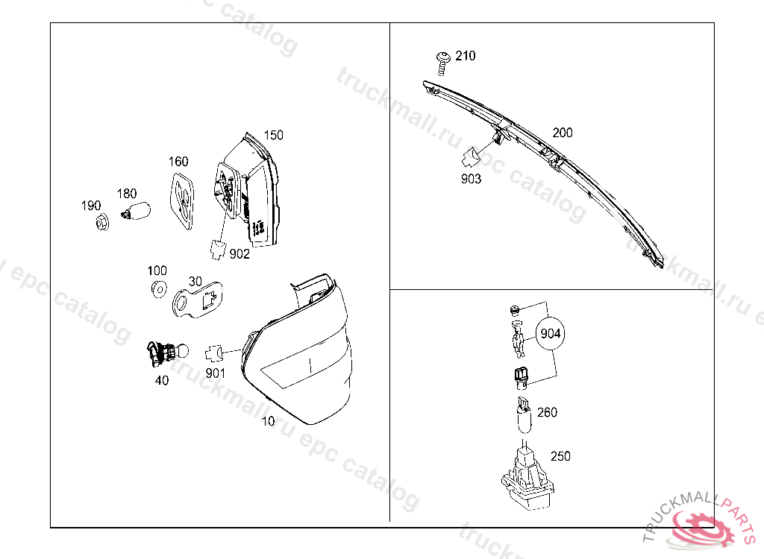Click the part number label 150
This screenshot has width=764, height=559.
(274, 135)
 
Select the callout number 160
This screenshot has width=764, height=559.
(178, 161)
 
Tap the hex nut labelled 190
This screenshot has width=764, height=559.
(102, 221)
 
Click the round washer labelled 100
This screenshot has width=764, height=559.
(157, 289)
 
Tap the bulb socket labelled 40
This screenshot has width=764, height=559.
(163, 354)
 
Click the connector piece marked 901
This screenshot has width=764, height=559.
(215, 350)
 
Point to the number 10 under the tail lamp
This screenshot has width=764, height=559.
(269, 421)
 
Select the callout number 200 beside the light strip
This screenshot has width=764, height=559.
(563, 133)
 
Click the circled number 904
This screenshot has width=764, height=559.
(550, 334)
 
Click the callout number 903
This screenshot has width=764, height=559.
(472, 179)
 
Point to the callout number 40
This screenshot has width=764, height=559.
(162, 380)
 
